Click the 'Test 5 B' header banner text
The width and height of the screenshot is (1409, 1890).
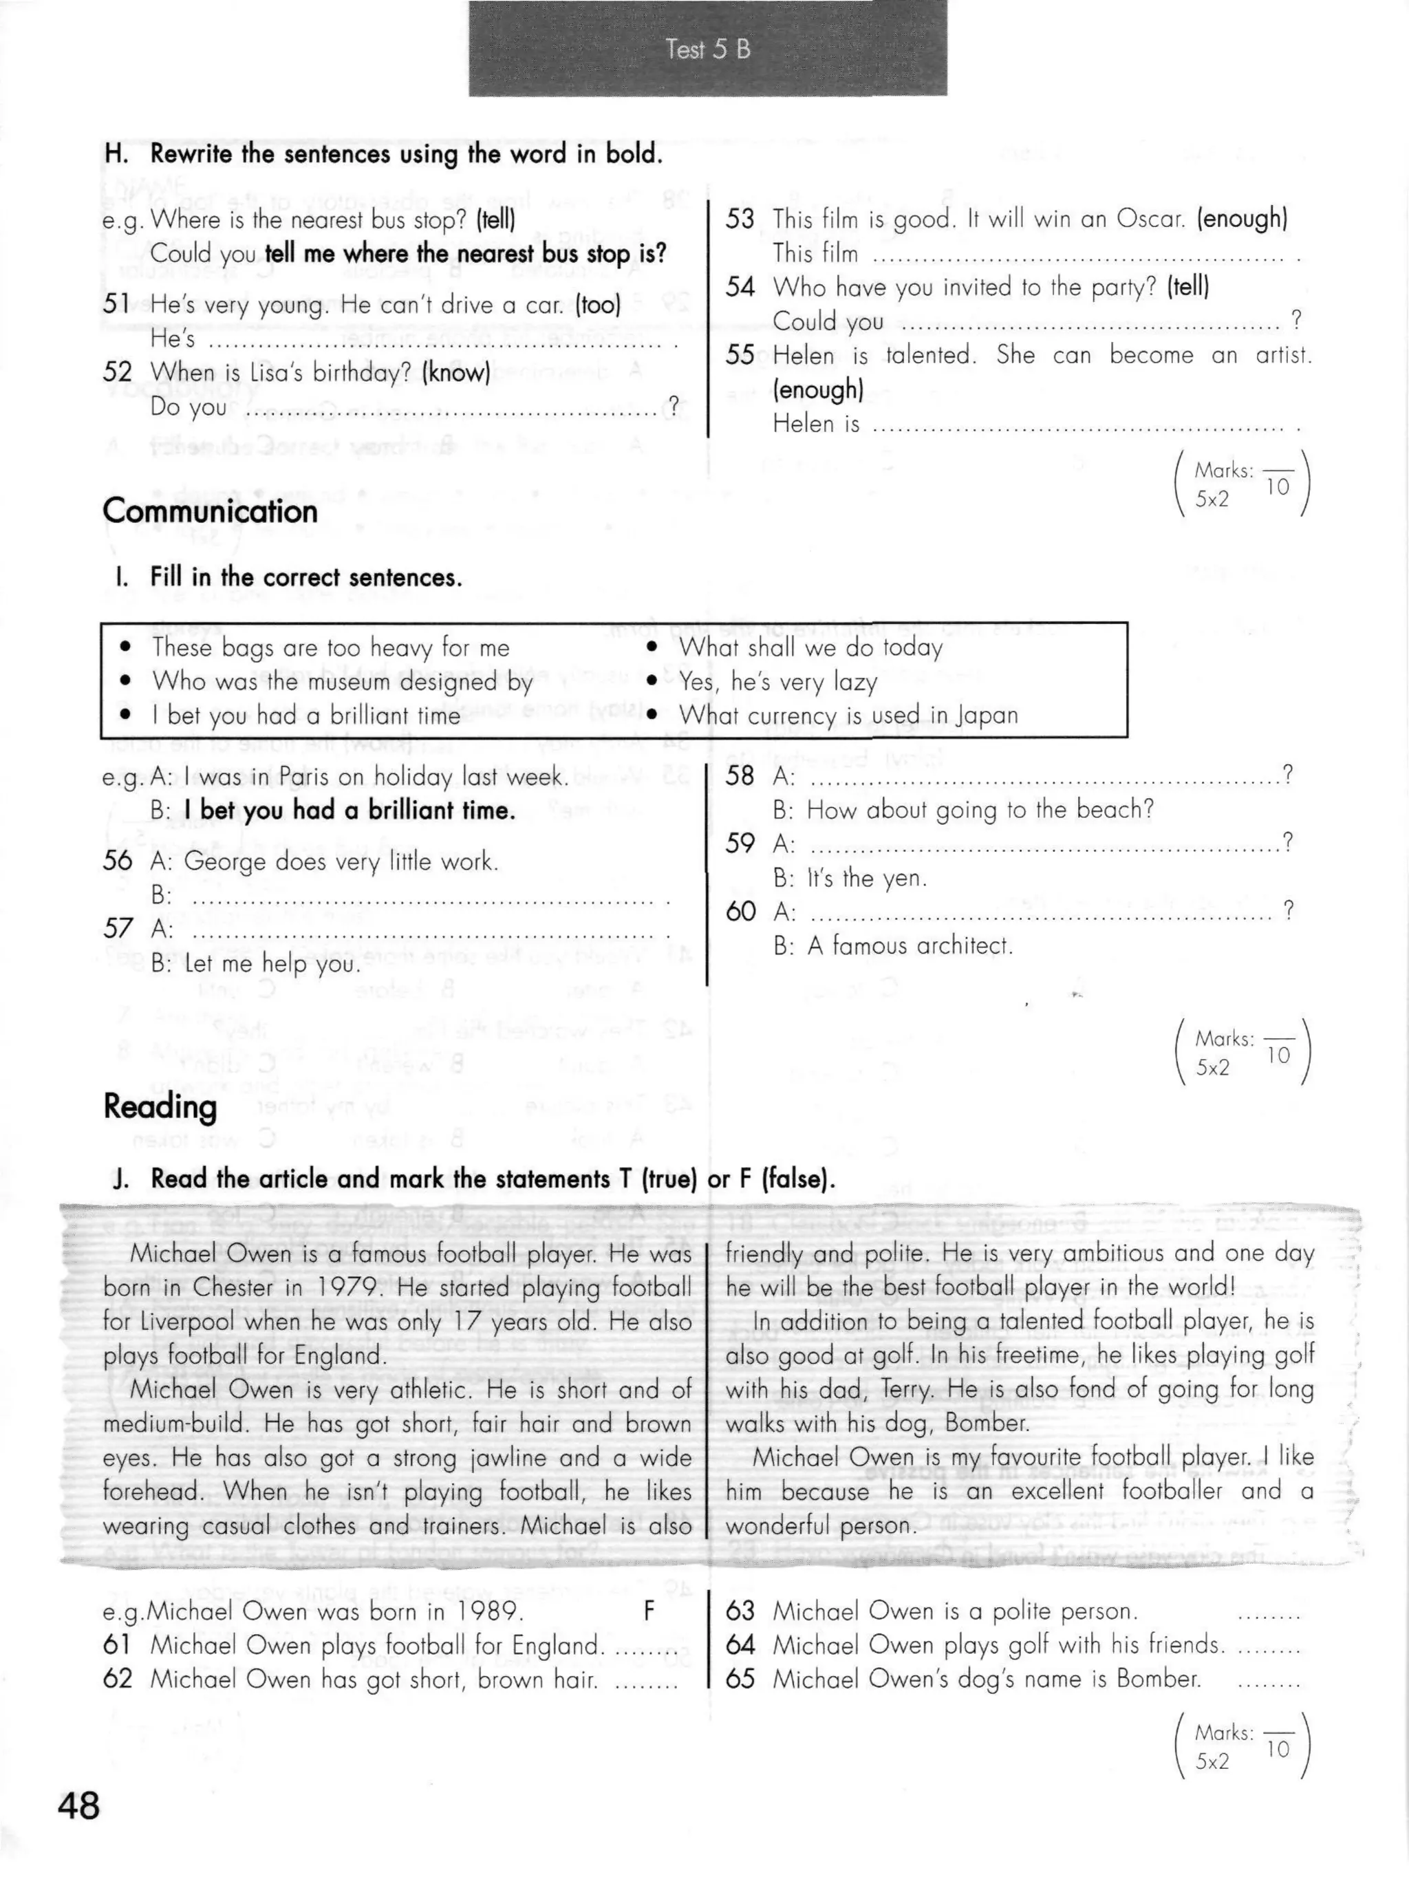(x=708, y=49)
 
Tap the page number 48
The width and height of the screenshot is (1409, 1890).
(x=78, y=1805)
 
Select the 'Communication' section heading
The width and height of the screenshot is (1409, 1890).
(x=210, y=511)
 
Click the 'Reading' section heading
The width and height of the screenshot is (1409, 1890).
(x=160, y=1106)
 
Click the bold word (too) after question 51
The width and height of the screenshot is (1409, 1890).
(x=598, y=305)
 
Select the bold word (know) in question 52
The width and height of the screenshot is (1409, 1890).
(x=455, y=373)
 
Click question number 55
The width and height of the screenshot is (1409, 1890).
(x=740, y=355)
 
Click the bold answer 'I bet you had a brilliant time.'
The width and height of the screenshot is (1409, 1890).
(x=349, y=810)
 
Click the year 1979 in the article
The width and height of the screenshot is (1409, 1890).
(x=345, y=1287)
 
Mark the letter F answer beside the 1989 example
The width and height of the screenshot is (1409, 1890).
(x=648, y=1611)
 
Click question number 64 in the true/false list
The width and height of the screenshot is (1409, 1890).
(x=740, y=1644)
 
